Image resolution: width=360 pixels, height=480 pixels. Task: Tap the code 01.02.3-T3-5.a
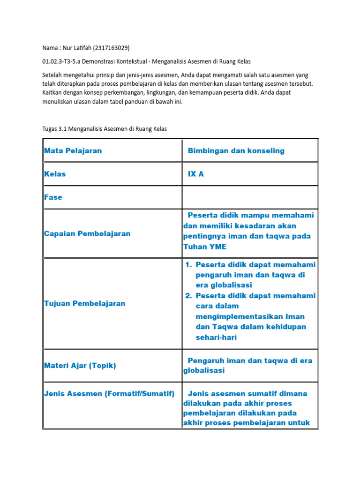63,61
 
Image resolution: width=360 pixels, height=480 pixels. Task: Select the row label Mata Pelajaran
73,150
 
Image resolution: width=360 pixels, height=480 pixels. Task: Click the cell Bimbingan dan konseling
236,150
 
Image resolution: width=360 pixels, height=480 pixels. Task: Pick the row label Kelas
55,174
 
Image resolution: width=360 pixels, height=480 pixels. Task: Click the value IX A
196,174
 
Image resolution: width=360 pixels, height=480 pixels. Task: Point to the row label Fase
53,197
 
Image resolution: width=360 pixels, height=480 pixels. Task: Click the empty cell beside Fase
250,197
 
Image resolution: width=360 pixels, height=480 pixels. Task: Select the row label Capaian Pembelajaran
87,233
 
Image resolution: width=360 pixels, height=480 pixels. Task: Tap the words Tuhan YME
204,247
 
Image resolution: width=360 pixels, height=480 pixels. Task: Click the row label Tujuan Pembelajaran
85,303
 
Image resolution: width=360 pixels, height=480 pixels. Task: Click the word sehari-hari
216,337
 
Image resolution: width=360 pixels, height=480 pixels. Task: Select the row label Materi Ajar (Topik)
80,365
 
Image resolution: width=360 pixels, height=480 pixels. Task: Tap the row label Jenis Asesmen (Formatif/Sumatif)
109,393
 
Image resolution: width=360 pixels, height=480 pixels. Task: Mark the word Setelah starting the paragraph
52,75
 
